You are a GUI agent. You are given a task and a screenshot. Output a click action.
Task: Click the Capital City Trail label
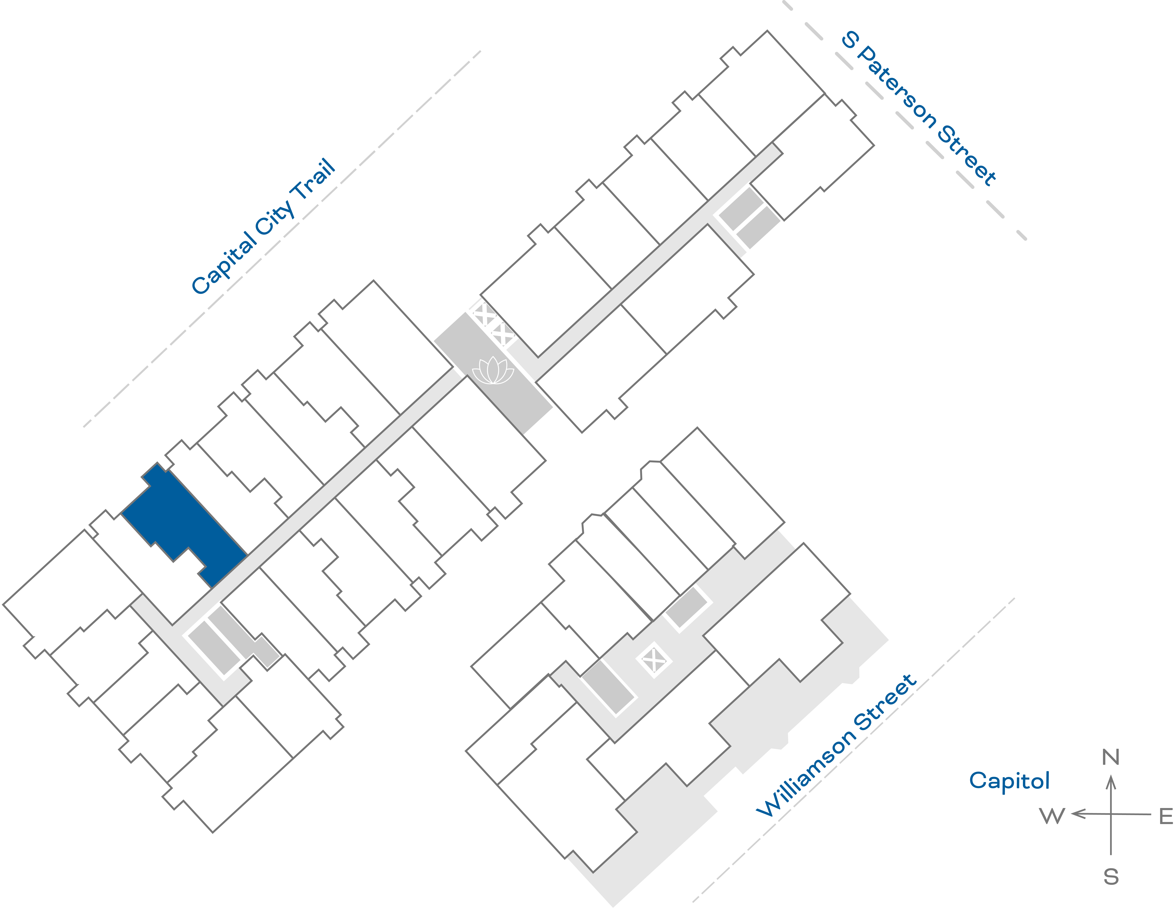(x=263, y=227)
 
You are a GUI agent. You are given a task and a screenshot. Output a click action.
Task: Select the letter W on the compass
(x=1052, y=816)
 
